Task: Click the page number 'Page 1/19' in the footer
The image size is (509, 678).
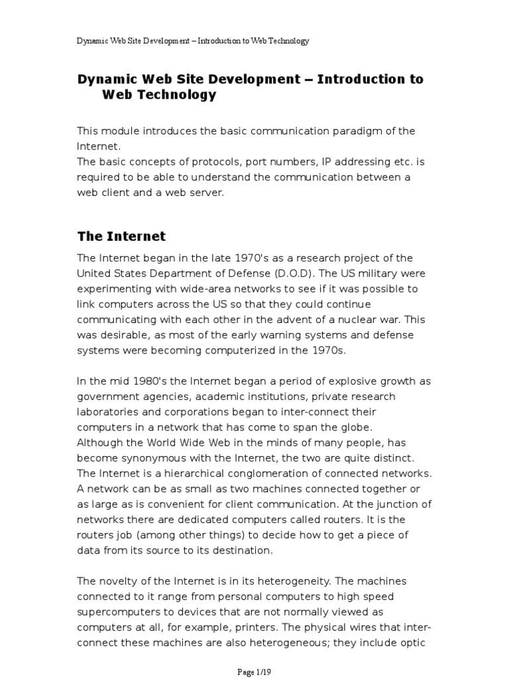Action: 254,671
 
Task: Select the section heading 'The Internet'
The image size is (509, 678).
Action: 121,236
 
